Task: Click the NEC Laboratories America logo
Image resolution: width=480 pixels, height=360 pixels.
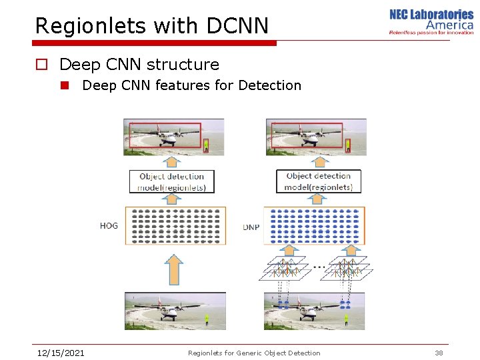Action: click(431, 21)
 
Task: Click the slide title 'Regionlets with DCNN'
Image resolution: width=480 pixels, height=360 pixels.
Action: click(152, 25)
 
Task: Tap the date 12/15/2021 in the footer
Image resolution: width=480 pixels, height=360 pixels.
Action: click(60, 353)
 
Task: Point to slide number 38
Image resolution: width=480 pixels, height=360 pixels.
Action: click(439, 353)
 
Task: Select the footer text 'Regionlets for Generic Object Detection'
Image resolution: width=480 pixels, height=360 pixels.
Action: click(254, 353)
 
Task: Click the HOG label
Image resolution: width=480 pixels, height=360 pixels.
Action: click(109, 225)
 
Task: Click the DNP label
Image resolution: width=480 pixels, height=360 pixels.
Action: click(251, 227)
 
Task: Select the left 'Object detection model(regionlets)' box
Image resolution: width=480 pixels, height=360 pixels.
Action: click(172, 181)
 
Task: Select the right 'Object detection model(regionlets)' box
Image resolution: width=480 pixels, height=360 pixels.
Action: click(319, 181)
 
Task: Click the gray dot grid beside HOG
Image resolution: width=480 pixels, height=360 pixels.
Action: click(177, 225)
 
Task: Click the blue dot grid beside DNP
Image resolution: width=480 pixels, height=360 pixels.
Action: click(315, 225)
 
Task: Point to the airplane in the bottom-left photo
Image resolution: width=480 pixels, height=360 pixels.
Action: click(167, 309)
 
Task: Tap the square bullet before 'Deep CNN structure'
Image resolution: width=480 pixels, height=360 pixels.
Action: click(42, 65)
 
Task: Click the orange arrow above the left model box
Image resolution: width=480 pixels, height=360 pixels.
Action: click(172, 161)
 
